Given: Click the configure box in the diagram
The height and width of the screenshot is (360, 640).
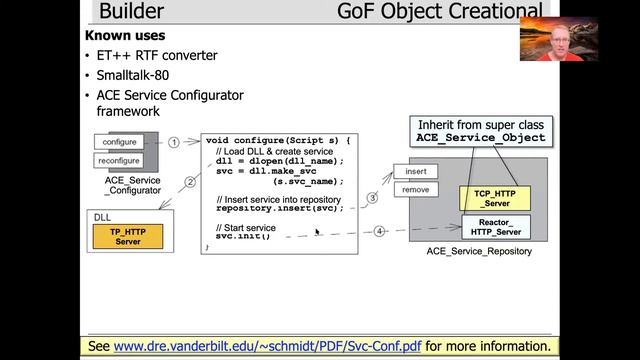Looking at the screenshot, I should tap(119, 142).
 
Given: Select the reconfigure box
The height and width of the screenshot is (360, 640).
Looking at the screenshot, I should tap(119, 160).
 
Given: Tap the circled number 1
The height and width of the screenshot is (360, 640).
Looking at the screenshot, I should tap(173, 142).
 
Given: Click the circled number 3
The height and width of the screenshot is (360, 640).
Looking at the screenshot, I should tap(371, 198).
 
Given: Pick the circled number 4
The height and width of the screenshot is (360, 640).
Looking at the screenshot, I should tap(379, 231).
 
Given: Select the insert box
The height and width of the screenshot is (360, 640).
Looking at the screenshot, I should tap(415, 171).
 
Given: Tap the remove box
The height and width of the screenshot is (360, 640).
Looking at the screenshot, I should tap(415, 189).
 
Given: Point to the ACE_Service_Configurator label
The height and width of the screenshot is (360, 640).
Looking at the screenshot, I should tap(131, 185).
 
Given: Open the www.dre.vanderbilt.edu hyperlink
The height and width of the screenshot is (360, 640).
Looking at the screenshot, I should tap(268, 346).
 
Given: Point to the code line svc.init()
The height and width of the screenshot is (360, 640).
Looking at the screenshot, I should tap(243, 236).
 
